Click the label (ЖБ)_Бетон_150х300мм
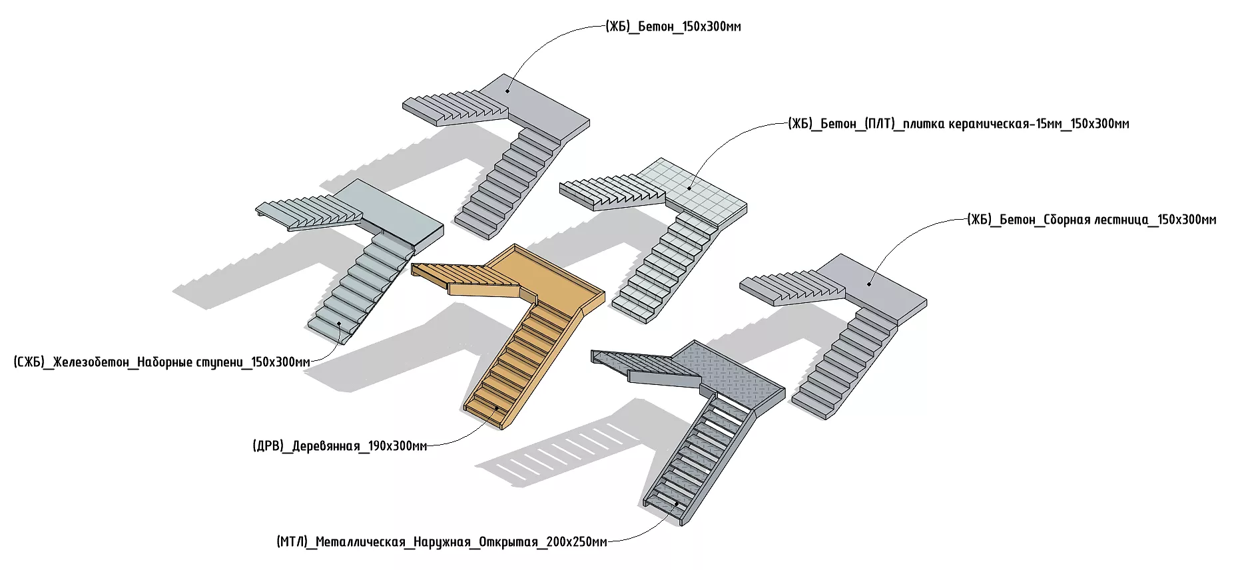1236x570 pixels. point(673,27)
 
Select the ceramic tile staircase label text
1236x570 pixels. point(958,124)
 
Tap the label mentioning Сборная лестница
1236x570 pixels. point(1091,220)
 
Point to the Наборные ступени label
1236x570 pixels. point(162,362)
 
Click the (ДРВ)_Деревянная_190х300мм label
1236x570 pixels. point(340,445)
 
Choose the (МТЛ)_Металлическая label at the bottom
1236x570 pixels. point(442,541)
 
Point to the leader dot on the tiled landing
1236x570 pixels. point(690,187)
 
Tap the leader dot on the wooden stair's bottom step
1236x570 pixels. point(496,407)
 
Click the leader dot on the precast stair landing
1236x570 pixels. point(869,284)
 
